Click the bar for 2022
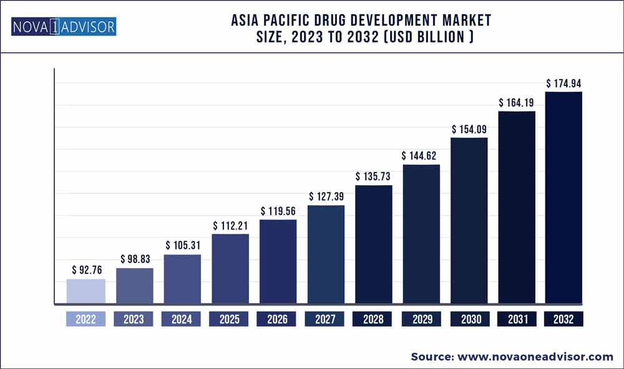[x=85, y=292]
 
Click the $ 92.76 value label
[x=86, y=271]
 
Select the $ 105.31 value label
[x=182, y=246]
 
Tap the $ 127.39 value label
[x=326, y=196]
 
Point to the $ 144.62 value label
[x=421, y=156]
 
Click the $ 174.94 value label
[x=564, y=83]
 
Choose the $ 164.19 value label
[x=516, y=103]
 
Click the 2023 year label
[x=134, y=319]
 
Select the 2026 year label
[x=278, y=319]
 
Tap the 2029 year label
[x=421, y=319]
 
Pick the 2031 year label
[x=517, y=319]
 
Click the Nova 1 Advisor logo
[x=64, y=27]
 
